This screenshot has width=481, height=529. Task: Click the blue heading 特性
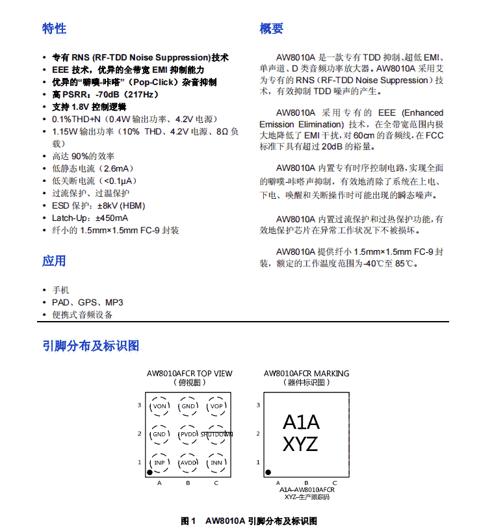coord(55,29)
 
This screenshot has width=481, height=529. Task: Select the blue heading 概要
coord(271,29)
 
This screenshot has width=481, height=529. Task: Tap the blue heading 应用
coord(55,261)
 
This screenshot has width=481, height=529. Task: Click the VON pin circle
coord(160,407)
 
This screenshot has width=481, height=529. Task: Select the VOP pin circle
coord(216,407)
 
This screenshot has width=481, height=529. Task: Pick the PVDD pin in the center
coord(188,434)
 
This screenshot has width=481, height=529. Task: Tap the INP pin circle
coord(160,463)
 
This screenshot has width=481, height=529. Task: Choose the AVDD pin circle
coord(188,463)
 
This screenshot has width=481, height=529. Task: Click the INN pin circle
coord(216,463)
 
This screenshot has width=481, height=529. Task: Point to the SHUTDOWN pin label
coord(217,434)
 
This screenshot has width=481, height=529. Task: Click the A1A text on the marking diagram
coord(301,422)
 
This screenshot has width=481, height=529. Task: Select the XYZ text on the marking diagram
coord(300,445)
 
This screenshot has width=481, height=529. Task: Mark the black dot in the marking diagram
coord(268,472)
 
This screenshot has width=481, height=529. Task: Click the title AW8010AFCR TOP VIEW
coord(189,374)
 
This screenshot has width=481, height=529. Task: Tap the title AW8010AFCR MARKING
coord(306,374)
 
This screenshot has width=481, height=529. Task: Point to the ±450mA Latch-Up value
coord(112,218)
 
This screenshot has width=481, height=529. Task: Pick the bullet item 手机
coord(60,290)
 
